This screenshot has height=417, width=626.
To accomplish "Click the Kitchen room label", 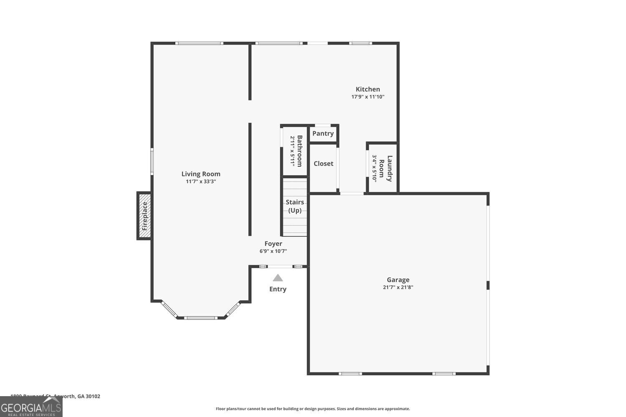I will coord(368,89).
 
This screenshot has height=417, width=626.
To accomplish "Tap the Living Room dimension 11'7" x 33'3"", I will coord(201,181).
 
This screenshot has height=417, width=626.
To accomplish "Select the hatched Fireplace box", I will coord(144,216).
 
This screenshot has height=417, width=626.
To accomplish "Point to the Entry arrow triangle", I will coord(278,278).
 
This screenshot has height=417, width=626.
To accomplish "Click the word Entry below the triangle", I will coord(278,289).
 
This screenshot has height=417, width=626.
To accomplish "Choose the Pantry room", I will coord(323,133).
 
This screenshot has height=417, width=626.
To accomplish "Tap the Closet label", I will coord(323,163).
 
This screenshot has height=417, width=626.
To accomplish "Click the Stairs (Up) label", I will coord(295,206).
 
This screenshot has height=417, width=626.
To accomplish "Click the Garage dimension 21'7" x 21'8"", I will coord(398,287).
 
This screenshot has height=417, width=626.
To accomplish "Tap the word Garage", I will coord(398,280).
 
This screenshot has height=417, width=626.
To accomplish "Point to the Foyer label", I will coord(273,244).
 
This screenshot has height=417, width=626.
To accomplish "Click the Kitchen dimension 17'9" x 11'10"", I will coord(368,97).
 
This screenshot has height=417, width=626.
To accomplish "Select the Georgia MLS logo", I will coord(31,407).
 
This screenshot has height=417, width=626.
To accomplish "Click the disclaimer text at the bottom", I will coord(313,409).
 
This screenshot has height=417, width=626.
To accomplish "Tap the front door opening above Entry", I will coord(280,266).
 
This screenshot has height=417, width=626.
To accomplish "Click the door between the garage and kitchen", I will coord(352,193).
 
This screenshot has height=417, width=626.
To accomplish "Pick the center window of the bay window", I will coord(201,318).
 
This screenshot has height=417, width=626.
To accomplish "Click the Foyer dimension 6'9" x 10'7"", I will coord(273,251).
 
